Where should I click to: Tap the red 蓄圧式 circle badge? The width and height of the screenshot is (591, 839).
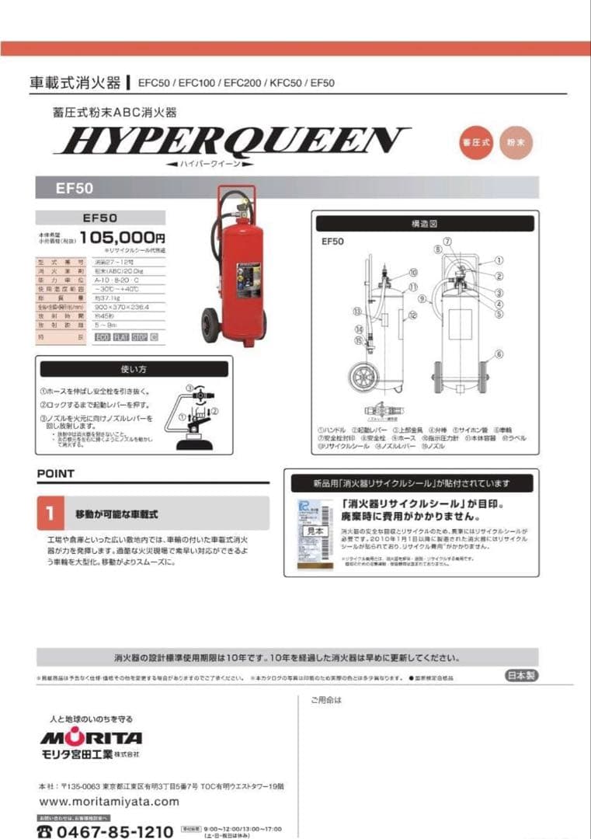click(x=477, y=142)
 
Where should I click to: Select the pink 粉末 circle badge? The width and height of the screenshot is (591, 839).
click(x=518, y=142)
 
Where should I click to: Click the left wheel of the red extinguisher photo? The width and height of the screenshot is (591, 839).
click(x=210, y=326)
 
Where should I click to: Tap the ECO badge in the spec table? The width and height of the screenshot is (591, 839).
click(x=102, y=337)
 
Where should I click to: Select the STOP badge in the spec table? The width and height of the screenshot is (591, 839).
click(x=139, y=337)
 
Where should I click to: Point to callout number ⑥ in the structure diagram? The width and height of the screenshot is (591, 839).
click(x=499, y=353)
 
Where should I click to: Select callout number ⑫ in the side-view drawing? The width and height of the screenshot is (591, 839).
click(x=414, y=315)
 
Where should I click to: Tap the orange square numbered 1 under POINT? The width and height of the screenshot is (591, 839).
click(x=50, y=513)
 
